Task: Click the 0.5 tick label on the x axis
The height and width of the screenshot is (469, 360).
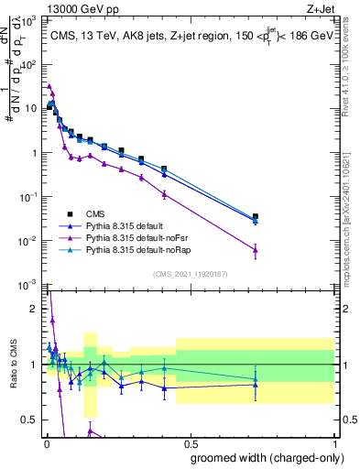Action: point(191,444)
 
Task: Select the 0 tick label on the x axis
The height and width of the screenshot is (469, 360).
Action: point(46,444)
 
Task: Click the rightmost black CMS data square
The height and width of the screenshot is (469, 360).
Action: point(256,217)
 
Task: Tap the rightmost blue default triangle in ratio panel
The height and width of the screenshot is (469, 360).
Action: point(256,385)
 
